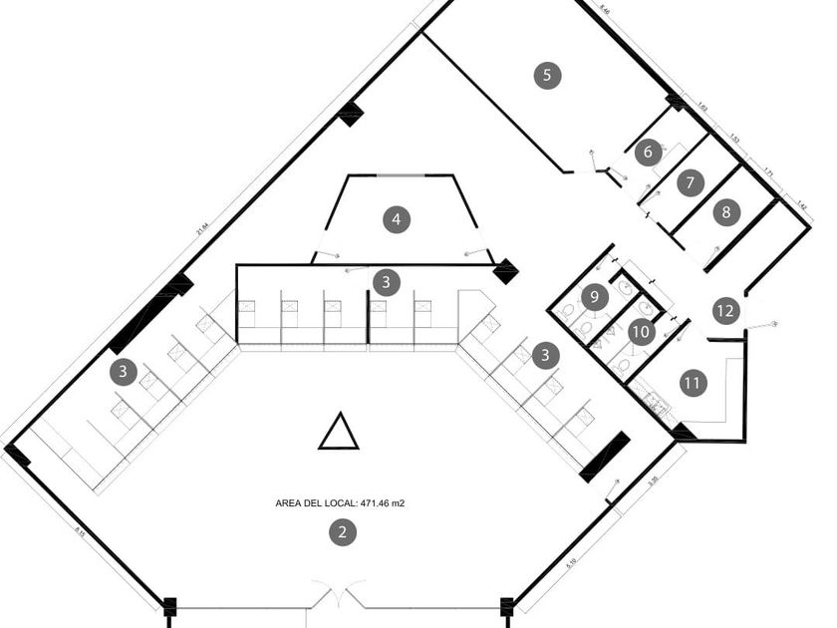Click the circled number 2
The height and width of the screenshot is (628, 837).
pyautogui.click(x=342, y=532)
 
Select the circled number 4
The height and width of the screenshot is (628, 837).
pyautogui.click(x=397, y=219)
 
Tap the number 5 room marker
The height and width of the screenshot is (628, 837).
pyautogui.click(x=546, y=75)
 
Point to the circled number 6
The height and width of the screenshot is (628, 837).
pyautogui.click(x=648, y=153)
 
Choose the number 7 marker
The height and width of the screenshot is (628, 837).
pyautogui.click(x=689, y=182)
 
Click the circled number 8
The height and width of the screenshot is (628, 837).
pyautogui.click(x=726, y=211)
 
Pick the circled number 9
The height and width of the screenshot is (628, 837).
pyautogui.click(x=594, y=296)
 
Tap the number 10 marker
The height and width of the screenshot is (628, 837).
pyautogui.click(x=642, y=331)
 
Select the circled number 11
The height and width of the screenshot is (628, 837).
pyautogui.click(x=693, y=382)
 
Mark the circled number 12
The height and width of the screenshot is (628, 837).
pyautogui.click(x=725, y=311)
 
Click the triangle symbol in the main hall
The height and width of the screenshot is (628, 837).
pyautogui.click(x=339, y=433)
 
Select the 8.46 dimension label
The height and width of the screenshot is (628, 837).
pyautogui.click(x=605, y=9)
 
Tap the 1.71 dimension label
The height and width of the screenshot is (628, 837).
pyautogui.click(x=768, y=171)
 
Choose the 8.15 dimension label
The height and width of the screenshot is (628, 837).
pyautogui.click(x=78, y=533)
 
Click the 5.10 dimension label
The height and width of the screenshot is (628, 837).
pyautogui.click(x=570, y=563)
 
